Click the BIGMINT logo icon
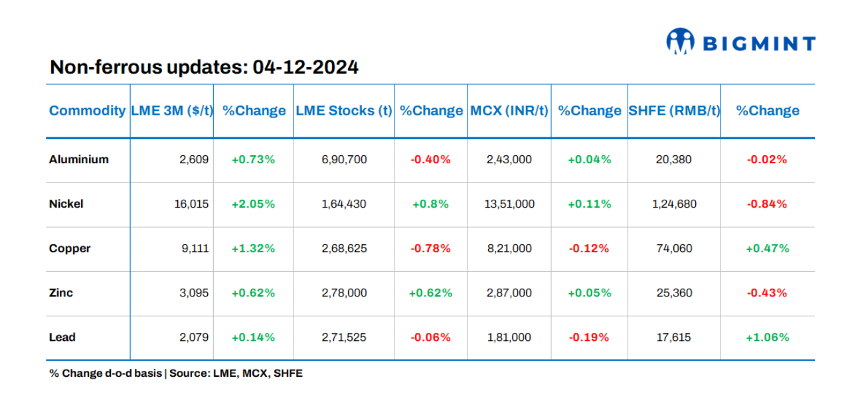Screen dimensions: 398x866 680,41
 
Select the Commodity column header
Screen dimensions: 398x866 87,111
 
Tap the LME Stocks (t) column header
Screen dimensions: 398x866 343,111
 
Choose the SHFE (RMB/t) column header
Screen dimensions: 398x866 673,111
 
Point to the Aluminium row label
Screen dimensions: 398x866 78,159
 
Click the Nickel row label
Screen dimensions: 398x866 66,204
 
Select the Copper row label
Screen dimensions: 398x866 69,248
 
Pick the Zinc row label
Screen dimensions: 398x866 61,293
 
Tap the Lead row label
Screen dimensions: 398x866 62,337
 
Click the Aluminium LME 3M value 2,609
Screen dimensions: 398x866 194,159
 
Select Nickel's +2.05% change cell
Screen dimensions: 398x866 253,204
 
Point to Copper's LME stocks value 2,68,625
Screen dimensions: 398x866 343,248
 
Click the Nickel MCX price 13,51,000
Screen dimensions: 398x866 509,204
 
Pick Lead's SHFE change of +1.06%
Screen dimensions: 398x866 767,337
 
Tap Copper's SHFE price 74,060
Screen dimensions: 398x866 673,248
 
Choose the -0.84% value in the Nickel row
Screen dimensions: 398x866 767,204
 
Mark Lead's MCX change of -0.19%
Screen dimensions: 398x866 588,337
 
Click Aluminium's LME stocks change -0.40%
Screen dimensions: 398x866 430,159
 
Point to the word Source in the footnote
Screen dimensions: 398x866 189,373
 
